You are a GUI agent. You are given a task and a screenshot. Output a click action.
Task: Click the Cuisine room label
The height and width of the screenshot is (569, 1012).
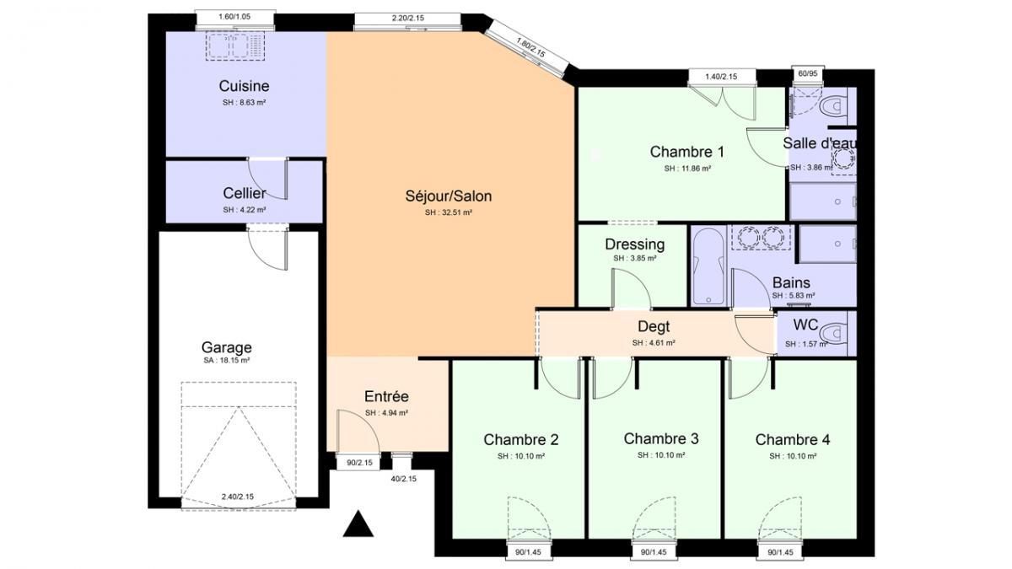[244, 86]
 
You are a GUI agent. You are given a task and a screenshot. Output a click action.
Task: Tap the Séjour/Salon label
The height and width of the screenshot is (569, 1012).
[448, 196]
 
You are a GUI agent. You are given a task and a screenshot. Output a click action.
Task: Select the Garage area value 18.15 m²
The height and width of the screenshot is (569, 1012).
[226, 361]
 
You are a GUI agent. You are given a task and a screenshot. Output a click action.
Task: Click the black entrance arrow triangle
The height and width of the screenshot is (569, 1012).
[358, 523]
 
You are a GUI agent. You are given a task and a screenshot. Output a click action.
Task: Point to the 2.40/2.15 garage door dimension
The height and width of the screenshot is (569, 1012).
[238, 497]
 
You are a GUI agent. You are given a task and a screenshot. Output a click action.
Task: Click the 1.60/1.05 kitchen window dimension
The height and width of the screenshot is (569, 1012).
[234, 17]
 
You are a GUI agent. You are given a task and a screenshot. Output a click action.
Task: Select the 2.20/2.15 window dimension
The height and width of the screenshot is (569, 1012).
[408, 18]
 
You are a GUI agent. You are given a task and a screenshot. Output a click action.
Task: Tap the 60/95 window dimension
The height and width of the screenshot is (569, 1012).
[808, 73]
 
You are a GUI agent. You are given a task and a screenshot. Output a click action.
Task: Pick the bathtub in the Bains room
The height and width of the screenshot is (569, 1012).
[708, 266]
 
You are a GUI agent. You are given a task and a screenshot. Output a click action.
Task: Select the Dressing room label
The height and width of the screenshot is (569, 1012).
[635, 244]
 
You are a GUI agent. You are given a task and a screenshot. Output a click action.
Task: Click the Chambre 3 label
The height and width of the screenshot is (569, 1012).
[661, 438]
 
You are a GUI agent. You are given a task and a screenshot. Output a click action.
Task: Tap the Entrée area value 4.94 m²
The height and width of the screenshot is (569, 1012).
[387, 413]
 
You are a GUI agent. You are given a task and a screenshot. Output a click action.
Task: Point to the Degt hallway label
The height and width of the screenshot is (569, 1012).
[654, 326]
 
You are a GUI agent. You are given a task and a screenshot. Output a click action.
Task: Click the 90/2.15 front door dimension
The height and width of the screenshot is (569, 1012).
[359, 463]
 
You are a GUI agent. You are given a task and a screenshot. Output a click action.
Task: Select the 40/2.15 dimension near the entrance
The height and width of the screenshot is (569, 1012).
[403, 479]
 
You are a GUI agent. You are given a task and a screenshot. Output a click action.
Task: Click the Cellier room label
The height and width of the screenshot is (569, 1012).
[245, 193]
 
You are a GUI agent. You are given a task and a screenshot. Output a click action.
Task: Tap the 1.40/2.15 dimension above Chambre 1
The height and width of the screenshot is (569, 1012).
[721, 77]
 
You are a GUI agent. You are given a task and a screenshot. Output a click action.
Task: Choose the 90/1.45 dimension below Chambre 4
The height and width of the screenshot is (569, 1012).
[780, 552]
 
